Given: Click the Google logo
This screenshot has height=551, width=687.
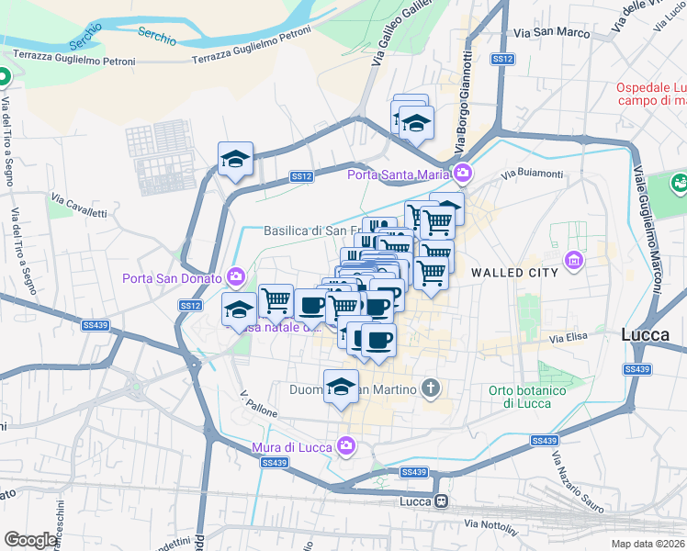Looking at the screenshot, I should coord(30,540).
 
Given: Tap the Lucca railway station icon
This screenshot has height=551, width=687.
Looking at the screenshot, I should coord(442,501).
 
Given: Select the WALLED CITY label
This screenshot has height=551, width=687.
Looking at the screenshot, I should coord(514,273).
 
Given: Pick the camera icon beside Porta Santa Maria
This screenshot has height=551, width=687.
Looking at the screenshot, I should coord(462,173).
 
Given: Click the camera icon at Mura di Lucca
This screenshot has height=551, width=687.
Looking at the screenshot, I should coord(346,446).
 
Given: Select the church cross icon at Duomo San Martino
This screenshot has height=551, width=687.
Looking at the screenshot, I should coord(429,388).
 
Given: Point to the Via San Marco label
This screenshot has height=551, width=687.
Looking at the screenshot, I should coord(552,32).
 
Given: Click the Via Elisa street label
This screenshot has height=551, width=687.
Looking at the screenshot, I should coord(569,340).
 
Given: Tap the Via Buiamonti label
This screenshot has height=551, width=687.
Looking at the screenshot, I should coord(532,174).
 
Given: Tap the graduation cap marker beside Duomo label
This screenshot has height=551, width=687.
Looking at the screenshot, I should coord(341,387).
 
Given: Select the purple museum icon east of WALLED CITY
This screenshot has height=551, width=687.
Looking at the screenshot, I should coord(575,261).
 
